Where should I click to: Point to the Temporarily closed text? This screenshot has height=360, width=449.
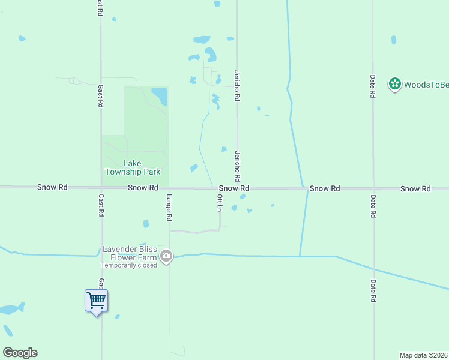coord(128,265)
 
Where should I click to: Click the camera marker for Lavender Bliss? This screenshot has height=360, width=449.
coord(166,257)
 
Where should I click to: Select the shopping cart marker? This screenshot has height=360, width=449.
coord(96,301)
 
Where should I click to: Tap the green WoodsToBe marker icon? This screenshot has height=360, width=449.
coord(394,84)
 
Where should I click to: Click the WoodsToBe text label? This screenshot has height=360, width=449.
coord(426,85)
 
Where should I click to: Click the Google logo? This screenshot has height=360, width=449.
coord(20,353)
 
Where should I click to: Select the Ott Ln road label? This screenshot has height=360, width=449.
coord(220,202)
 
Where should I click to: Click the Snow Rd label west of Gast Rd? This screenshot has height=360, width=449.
coord(52,187)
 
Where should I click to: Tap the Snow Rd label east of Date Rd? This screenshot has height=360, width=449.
coord(415,188)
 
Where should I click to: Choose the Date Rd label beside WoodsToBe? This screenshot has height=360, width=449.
coord(373,86)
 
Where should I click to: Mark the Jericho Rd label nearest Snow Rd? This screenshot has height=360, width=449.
coord(238,166)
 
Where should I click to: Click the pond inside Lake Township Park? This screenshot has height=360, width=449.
coord(160,95)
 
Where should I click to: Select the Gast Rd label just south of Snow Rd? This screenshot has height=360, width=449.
coord(101,205)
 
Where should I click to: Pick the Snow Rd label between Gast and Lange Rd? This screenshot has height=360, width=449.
coord(143,188)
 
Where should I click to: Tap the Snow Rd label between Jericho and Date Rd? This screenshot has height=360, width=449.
coord(325,188)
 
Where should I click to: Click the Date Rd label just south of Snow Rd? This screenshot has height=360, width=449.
coord(373,205)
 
